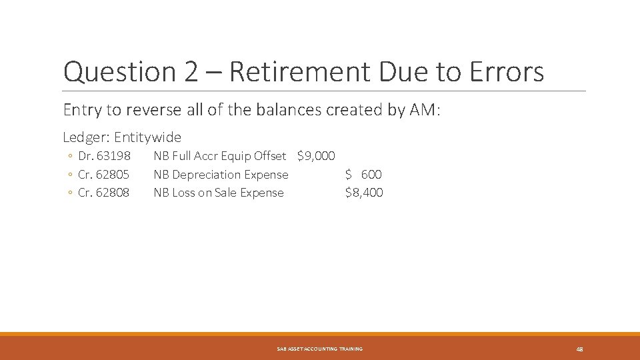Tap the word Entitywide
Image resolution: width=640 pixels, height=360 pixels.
tap(147, 137)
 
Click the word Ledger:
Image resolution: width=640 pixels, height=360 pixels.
tap(86, 137)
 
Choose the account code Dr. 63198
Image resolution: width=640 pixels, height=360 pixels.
tap(104, 156)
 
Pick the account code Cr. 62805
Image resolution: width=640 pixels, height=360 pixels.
tap(104, 175)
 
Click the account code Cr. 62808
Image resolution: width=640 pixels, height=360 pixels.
tap(104, 193)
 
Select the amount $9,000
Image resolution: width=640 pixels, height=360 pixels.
tap(316, 156)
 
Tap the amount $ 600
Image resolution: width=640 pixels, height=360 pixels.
tap(363, 175)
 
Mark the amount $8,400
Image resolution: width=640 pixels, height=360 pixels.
tap(364, 193)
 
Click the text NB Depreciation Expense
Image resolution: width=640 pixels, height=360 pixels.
tap(221, 175)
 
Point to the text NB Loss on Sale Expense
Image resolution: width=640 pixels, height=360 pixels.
tap(219, 193)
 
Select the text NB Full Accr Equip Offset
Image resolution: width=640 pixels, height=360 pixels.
tap(219, 156)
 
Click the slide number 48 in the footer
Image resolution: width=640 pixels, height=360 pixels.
tap(579, 349)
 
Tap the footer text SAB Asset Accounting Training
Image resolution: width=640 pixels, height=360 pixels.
tap(320, 349)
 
